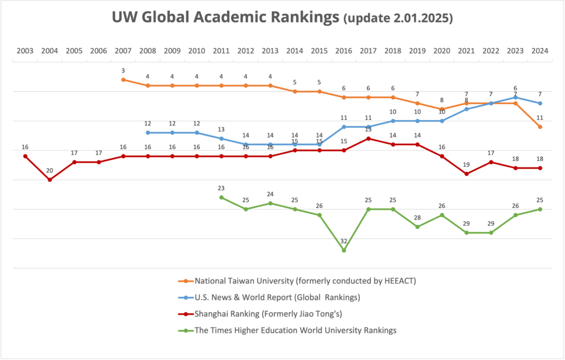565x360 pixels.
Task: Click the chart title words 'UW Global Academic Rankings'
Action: (x=225, y=18)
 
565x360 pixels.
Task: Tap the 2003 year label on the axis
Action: (x=25, y=51)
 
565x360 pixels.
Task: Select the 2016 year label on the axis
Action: (x=344, y=51)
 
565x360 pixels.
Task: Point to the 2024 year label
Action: (x=540, y=51)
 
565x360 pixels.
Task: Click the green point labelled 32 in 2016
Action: (x=344, y=250)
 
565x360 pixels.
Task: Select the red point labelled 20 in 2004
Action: (x=50, y=180)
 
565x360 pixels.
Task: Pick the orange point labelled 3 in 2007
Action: (x=123, y=80)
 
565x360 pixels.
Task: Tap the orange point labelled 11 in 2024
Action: (x=540, y=127)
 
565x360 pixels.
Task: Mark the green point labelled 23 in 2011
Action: (x=221, y=197)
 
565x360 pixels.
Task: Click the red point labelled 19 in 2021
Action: (x=467, y=174)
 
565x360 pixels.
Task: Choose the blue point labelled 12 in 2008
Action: (x=148, y=133)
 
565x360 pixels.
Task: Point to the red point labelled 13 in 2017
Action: (x=369, y=138)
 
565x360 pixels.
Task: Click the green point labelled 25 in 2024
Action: (x=540, y=209)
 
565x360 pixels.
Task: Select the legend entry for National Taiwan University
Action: (x=305, y=281)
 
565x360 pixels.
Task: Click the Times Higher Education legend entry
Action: (x=296, y=331)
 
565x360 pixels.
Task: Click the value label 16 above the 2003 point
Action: (x=25, y=148)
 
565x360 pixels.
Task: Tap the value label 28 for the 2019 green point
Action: (x=418, y=218)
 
